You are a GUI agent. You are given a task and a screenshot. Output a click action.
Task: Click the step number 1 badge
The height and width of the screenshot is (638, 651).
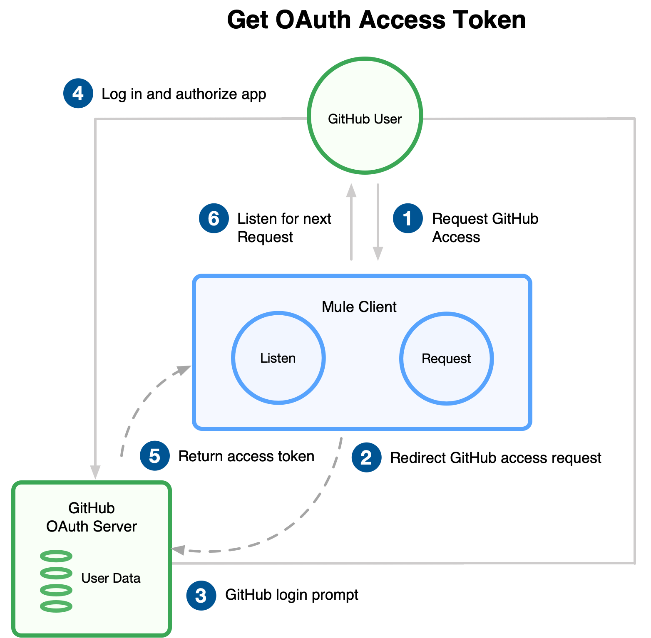407,218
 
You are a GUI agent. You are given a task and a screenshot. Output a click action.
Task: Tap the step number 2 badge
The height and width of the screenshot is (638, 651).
366,457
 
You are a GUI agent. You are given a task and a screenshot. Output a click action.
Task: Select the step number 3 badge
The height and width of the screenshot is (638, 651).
201,596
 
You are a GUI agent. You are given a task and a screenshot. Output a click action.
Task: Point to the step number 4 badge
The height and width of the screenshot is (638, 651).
78,93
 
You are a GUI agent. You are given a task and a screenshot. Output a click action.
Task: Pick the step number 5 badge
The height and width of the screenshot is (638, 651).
155,456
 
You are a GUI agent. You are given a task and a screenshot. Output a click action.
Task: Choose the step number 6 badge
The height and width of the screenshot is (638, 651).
214,218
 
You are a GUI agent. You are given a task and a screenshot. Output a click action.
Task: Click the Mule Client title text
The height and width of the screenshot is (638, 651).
359,307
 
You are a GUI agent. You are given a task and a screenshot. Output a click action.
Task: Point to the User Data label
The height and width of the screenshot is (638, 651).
111,578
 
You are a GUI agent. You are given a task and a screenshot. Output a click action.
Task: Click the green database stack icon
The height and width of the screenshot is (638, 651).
56,581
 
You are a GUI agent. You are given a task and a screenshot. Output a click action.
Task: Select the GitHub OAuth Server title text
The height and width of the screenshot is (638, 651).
92,517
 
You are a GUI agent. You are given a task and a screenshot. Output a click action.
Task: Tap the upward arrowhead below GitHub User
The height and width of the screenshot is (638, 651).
351,190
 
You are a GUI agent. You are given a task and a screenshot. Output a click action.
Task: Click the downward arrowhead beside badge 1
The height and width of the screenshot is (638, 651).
378,253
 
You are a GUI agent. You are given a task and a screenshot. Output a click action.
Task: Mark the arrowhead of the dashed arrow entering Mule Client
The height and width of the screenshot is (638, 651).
184,369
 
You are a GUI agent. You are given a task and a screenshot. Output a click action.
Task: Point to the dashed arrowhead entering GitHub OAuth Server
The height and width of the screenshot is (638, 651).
179,550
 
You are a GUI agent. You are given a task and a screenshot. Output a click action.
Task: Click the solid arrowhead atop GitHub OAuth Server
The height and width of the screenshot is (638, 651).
95,472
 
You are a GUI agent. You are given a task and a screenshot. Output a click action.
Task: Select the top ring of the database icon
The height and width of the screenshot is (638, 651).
56,556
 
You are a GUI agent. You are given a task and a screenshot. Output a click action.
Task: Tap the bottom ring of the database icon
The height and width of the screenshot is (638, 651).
56,606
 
